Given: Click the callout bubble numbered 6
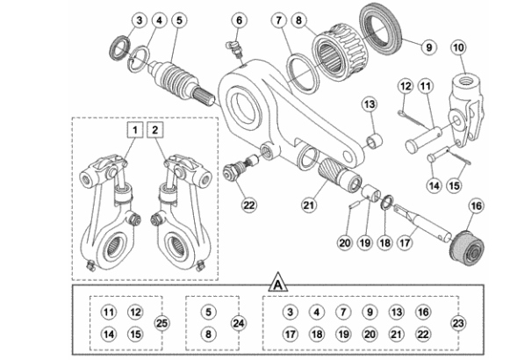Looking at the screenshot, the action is click(240, 20).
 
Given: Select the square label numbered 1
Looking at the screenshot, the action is click(135, 130).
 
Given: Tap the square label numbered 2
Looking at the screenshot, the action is click(154, 130).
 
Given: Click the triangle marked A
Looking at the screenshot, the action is click(278, 283).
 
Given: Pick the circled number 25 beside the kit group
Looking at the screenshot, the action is click(162, 323).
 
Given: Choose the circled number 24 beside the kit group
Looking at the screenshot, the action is click(239, 323).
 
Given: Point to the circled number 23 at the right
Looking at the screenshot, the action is click(458, 323).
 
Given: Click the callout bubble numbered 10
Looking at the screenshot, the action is click(458, 47).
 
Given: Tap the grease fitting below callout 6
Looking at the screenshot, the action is click(236, 49).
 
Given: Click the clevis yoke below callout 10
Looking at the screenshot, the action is click(465, 107).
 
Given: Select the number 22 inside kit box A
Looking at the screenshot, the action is click(423, 334).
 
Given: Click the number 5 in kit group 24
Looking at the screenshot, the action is click(208, 312).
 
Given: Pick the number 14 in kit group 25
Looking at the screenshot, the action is click(109, 334).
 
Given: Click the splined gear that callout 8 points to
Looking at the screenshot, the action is click(339, 56).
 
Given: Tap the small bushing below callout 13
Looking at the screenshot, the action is click(375, 140).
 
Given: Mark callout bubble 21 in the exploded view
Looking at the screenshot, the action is click(308, 205).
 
